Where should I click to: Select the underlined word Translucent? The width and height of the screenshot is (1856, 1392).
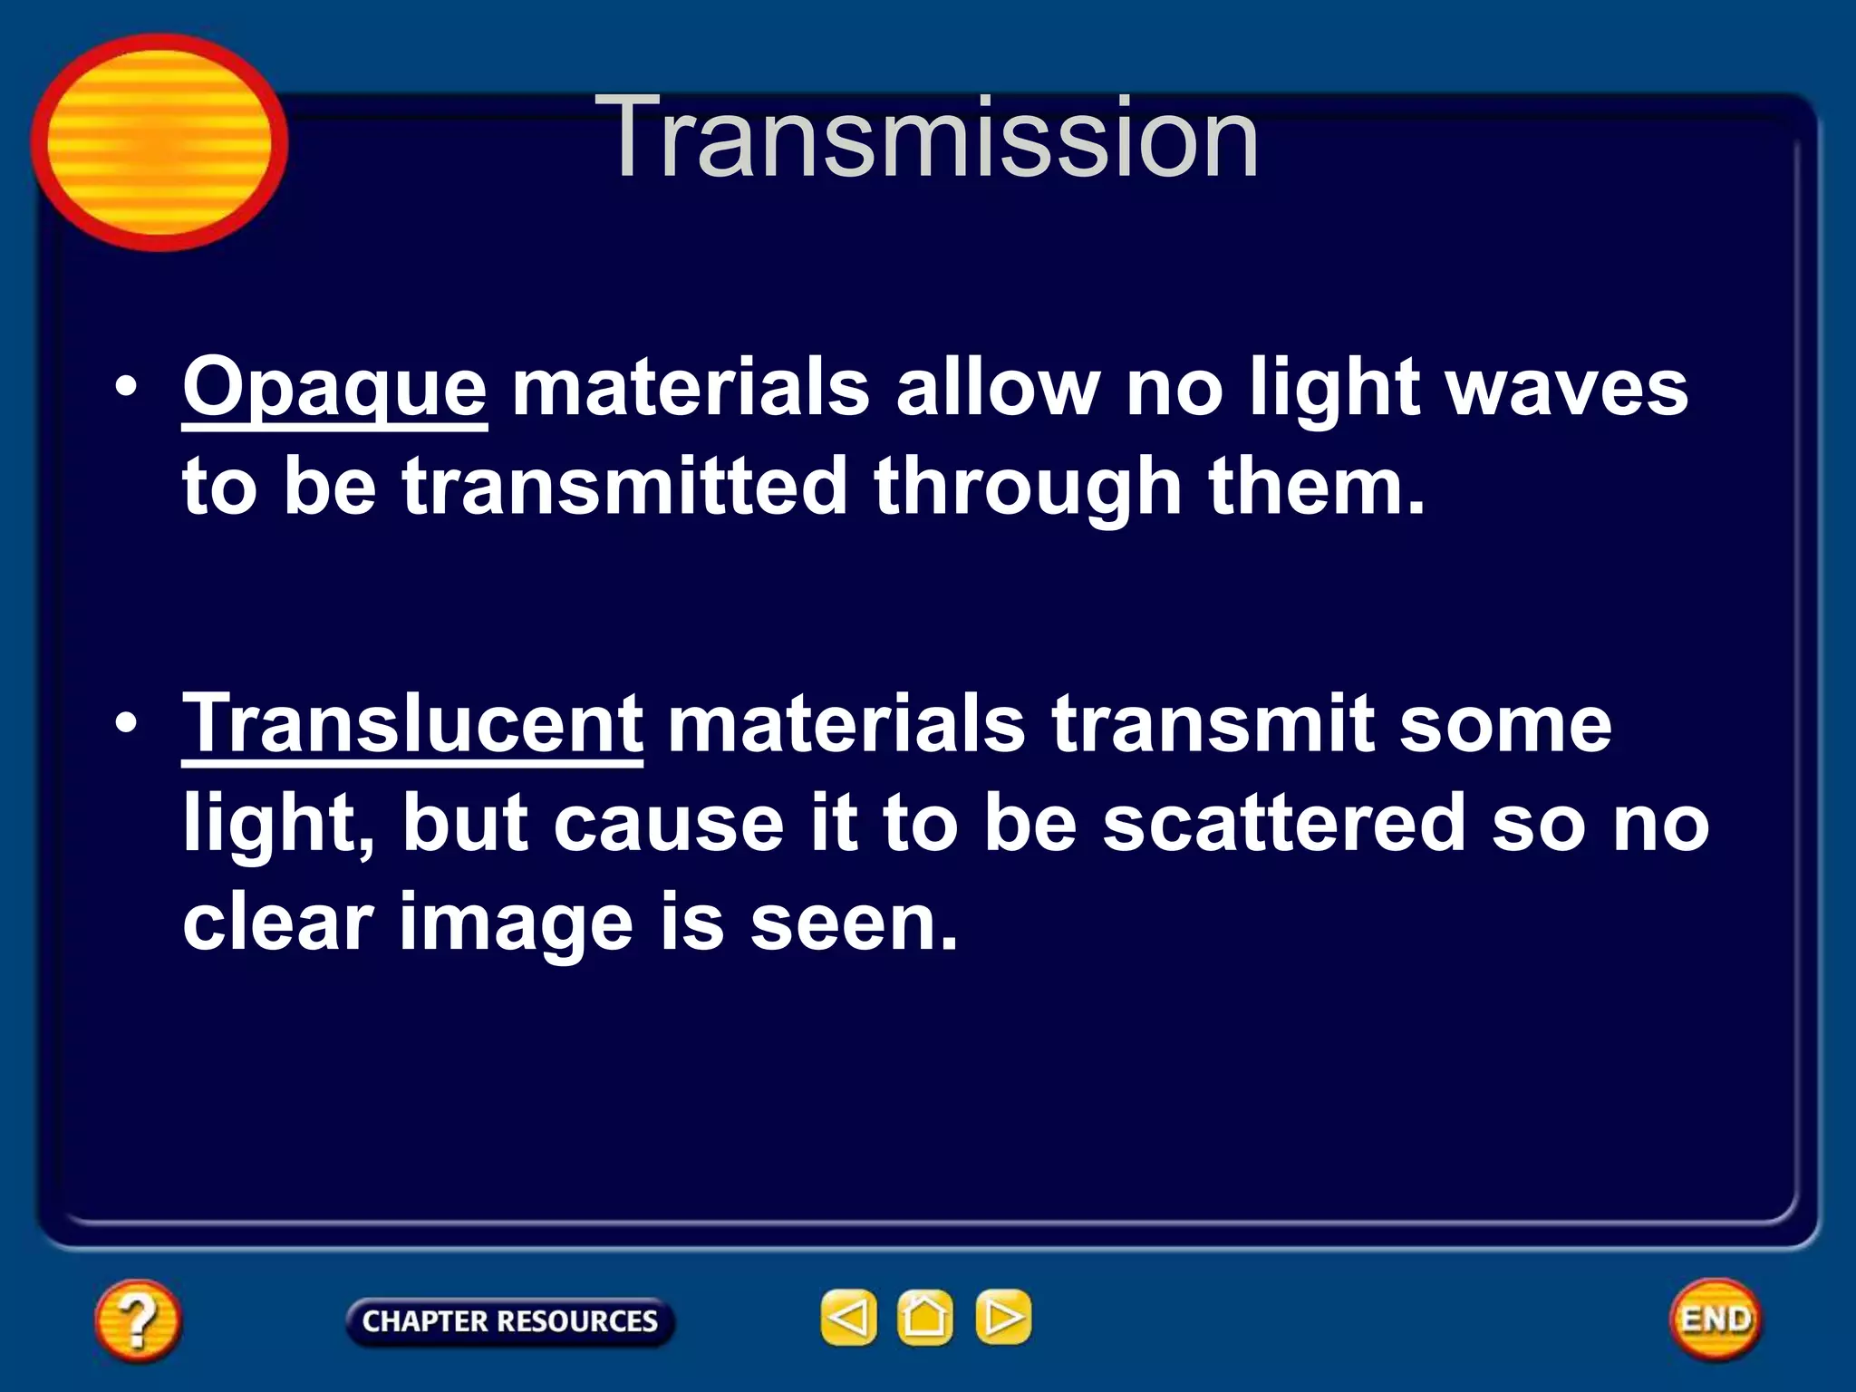point(412,724)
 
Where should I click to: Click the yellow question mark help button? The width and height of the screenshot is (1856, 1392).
point(137,1319)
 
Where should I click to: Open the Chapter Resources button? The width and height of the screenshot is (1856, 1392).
point(509,1321)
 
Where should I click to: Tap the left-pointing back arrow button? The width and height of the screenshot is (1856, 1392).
point(848,1317)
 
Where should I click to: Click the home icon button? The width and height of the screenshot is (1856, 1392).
point(924,1317)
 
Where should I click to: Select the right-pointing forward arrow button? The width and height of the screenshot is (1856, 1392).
point(1002,1317)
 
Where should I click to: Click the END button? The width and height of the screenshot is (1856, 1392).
point(1715,1319)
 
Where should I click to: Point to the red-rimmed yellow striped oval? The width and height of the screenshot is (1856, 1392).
point(159,142)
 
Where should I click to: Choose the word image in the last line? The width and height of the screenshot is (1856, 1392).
point(516,923)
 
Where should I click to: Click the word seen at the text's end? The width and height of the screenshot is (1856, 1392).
point(853,923)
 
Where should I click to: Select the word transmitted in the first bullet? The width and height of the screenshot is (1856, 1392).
point(624,488)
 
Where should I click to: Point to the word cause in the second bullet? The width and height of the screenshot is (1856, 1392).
point(668,823)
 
